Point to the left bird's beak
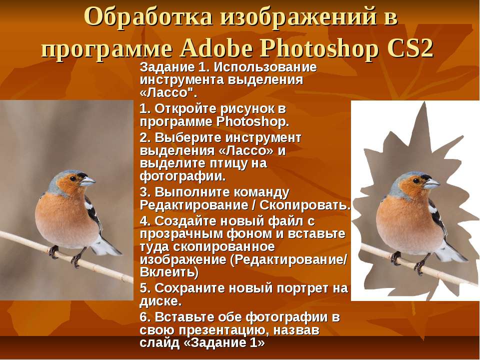click(87, 181)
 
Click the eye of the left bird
click(73, 178)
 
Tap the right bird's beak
click(431, 183)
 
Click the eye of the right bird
click(416, 180)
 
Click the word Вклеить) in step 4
click(169, 272)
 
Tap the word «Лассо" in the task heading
click(168, 92)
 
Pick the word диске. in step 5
click(161, 301)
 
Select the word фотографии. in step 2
click(183, 176)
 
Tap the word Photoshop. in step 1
click(253, 122)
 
